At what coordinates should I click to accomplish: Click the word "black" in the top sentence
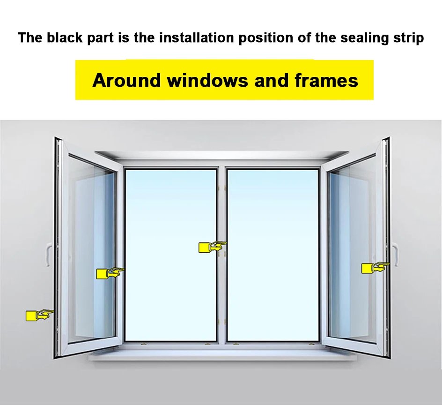[x=65, y=38]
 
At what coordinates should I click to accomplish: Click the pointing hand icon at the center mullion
[x=212, y=247]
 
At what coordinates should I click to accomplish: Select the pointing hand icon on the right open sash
[x=375, y=267]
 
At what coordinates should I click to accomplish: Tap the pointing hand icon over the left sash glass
[x=110, y=273]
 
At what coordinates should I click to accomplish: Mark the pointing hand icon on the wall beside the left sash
[x=39, y=315]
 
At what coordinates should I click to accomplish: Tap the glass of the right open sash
[x=351, y=211]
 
